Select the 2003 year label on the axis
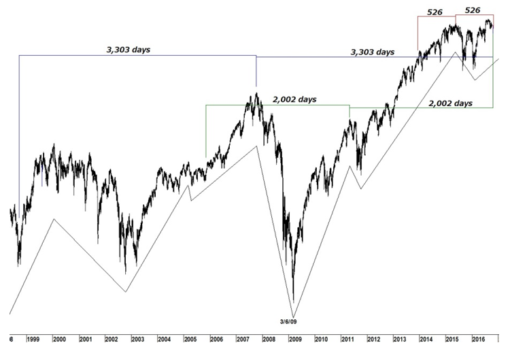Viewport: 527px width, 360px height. pyautogui.click(x=138, y=338)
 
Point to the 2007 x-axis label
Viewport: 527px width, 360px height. pyautogui.click(x=243, y=338)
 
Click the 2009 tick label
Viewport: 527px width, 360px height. pyautogui.click(x=295, y=338)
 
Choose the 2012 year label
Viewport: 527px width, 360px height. pyautogui.click(x=373, y=338)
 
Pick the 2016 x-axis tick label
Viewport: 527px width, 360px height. pyautogui.click(x=478, y=338)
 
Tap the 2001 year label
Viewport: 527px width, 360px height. pyautogui.click(x=86, y=338)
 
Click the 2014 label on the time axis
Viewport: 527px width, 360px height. pyautogui.click(x=426, y=338)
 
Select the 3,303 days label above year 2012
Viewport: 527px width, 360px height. pyautogui.click(x=372, y=52)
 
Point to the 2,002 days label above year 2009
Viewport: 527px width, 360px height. pyautogui.click(x=294, y=99)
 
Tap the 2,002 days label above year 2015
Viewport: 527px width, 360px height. pyautogui.click(x=450, y=103)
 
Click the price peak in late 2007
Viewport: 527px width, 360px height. pyautogui.click(x=256, y=93)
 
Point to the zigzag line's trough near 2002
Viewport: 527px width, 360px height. pyautogui.click(x=126, y=292)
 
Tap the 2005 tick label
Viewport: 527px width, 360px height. pyautogui.click(x=190, y=338)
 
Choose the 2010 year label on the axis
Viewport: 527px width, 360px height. pyautogui.click(x=321, y=338)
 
